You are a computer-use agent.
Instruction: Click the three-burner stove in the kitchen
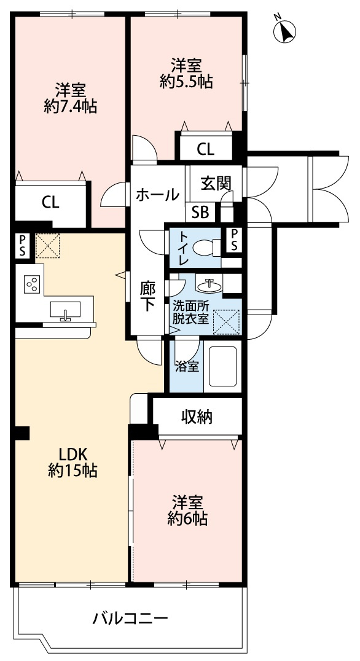[x=31, y=284]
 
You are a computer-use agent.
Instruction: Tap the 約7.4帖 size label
[x=69, y=106]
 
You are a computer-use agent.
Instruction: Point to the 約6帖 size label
[x=188, y=519]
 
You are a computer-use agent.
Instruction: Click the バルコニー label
[x=130, y=618]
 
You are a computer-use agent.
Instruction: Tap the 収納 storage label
[x=196, y=417]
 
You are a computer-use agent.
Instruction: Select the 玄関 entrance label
[x=215, y=182]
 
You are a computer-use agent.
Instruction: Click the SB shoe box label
[x=200, y=212]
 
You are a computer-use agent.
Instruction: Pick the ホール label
[x=157, y=195]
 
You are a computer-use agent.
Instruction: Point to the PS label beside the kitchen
[x=22, y=245]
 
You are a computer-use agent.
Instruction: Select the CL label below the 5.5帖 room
[x=205, y=149]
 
